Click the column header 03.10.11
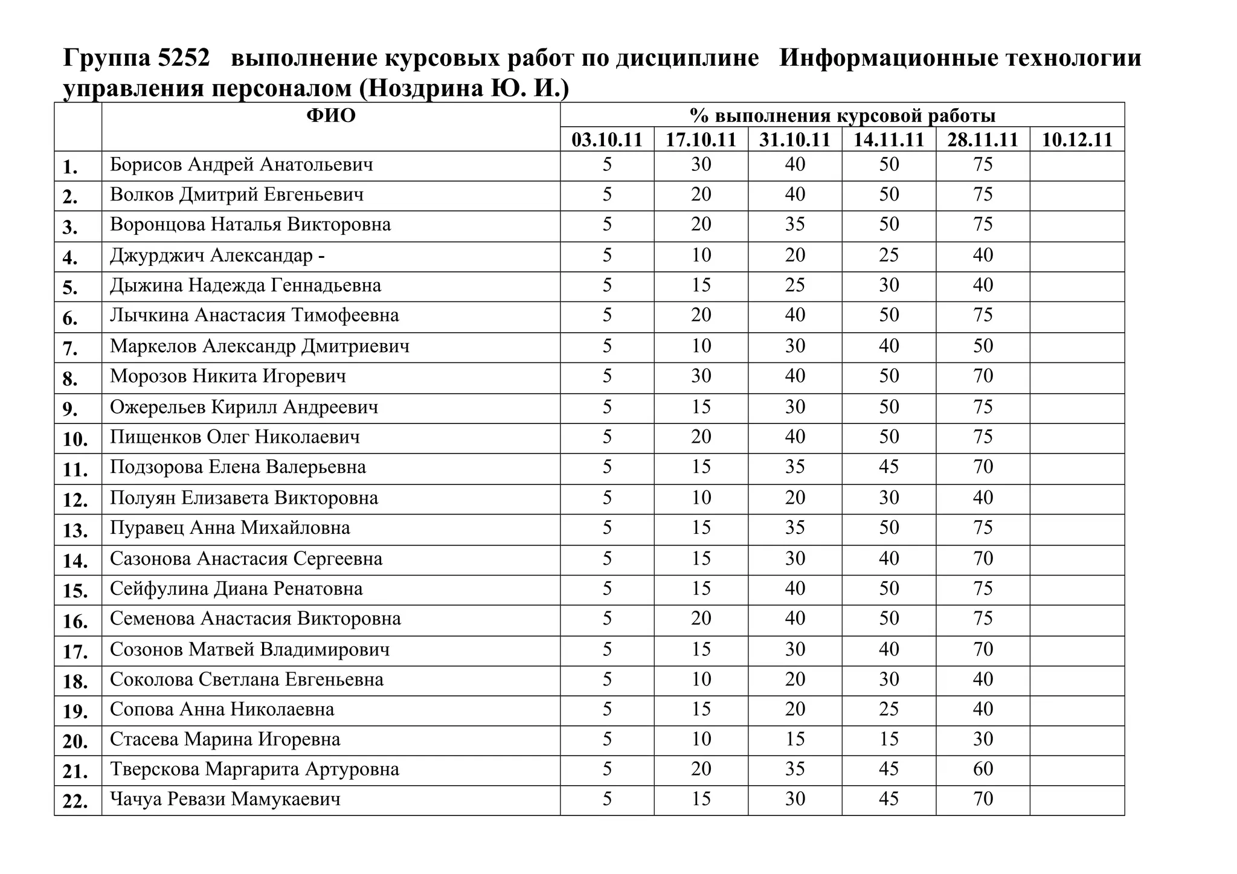tap(606, 140)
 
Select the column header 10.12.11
tap(1077, 140)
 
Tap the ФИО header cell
tap(330, 115)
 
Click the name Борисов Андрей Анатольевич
tap(241, 164)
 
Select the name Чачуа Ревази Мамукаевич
tap(225, 799)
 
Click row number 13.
tap(76, 530)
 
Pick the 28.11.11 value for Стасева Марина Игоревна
tap(983, 739)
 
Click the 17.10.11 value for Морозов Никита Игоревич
tap(701, 376)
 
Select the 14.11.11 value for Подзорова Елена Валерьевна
tap(888, 467)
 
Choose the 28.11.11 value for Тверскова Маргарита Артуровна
tap(983, 769)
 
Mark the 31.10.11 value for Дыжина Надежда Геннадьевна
tap(795, 285)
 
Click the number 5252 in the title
tap(183, 58)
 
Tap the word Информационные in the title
tap(885, 58)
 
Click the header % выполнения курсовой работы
tap(842, 115)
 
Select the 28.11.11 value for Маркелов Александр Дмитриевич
tap(983, 346)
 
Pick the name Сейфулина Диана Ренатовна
tap(236, 588)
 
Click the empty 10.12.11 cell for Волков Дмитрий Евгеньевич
tap(1077, 195)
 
